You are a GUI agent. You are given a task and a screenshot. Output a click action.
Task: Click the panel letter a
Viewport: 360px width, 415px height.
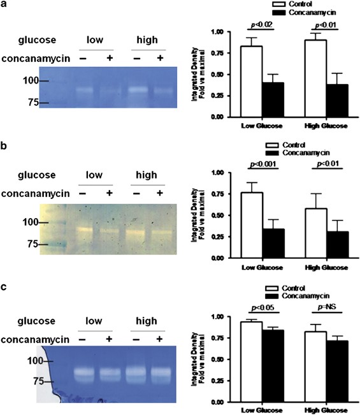[x=4, y=7]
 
